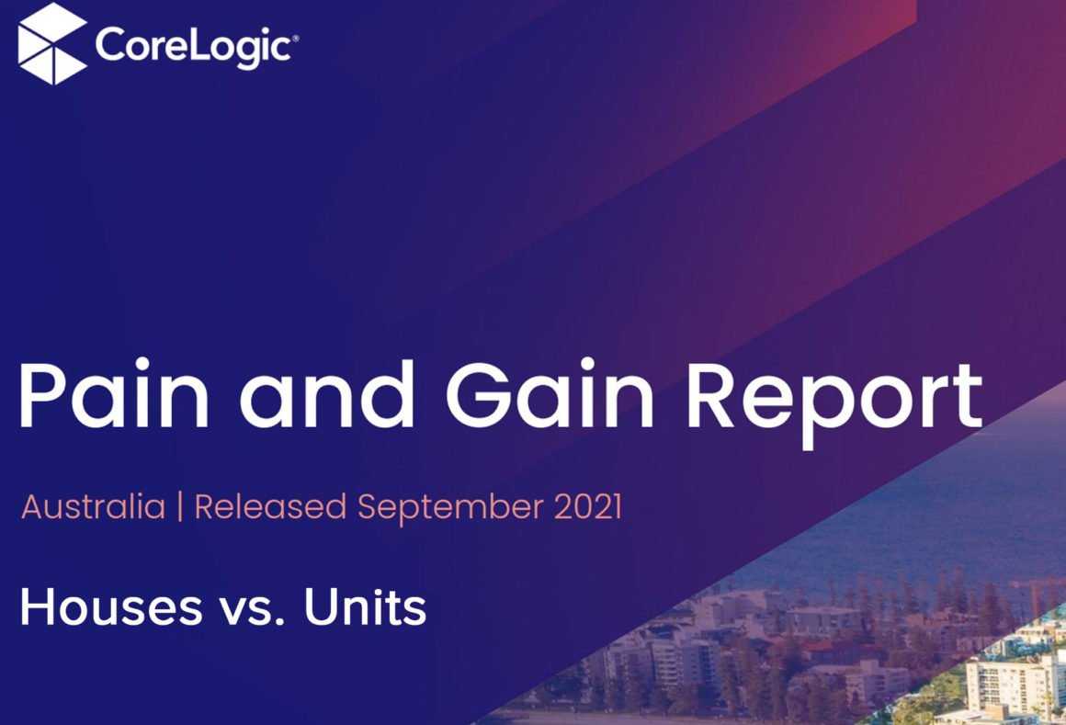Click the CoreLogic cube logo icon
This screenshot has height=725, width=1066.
point(52,43)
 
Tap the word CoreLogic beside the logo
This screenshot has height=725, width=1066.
point(195,46)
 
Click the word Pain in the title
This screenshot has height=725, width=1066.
point(114,395)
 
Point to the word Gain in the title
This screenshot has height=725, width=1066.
point(550,395)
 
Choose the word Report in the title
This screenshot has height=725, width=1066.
point(834,403)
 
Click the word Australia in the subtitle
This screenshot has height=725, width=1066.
point(93,507)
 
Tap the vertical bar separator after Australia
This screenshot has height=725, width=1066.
point(180,507)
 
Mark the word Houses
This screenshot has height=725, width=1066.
point(111,606)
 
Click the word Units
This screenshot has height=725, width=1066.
point(365,606)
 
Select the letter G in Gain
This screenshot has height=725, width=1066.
point(480,395)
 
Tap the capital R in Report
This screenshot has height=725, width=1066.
point(715,395)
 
